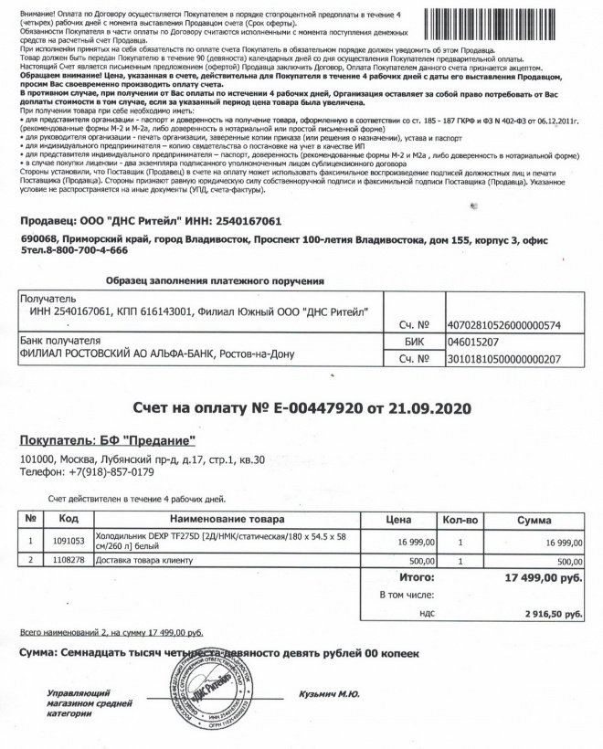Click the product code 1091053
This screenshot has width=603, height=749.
[x=68, y=540]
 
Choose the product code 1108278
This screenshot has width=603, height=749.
[x=68, y=559]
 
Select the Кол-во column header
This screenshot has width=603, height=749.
[x=460, y=519]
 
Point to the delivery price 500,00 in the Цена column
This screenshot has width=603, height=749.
[x=419, y=559]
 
